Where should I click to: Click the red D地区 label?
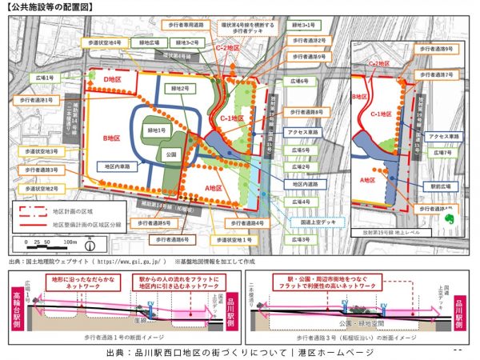[111, 79]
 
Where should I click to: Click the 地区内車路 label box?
[121, 166]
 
